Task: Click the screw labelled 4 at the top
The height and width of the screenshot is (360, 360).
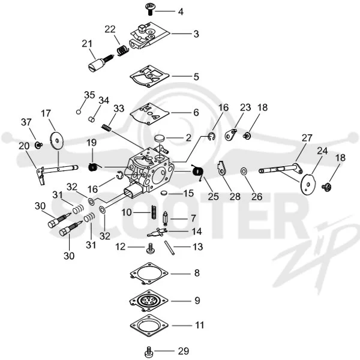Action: point(150,9)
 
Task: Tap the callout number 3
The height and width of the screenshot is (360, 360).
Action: point(196,34)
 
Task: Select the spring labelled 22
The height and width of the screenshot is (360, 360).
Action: point(122,50)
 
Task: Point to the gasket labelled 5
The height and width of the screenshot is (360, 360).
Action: point(149,76)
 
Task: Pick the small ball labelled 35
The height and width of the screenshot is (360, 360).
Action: point(79,112)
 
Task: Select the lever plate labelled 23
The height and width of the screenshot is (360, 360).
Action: point(231,134)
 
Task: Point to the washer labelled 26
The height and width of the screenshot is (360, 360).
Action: point(244,171)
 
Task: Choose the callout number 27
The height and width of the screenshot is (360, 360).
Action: point(307,138)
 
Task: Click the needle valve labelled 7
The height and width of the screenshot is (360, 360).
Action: point(165,219)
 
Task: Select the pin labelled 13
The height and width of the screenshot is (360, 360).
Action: point(169,247)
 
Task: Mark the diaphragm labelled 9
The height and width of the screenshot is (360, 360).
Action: point(149,301)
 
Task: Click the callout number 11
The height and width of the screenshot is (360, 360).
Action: point(199,325)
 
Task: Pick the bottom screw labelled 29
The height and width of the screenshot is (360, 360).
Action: point(149,351)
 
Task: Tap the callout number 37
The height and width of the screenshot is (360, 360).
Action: point(26,122)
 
